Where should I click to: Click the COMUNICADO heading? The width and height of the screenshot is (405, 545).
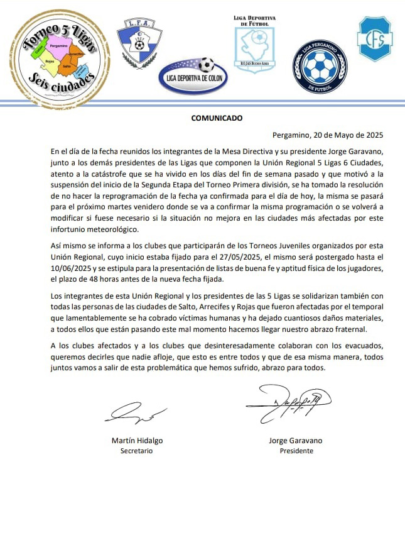pyautogui.click(x=216, y=118)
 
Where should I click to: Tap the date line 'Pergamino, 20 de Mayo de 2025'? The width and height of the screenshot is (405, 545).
pyautogui.click(x=327, y=135)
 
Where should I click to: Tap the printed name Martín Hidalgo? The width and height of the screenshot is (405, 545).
pyautogui.click(x=136, y=441)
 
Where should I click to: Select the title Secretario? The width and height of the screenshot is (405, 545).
pyautogui.click(x=136, y=451)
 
